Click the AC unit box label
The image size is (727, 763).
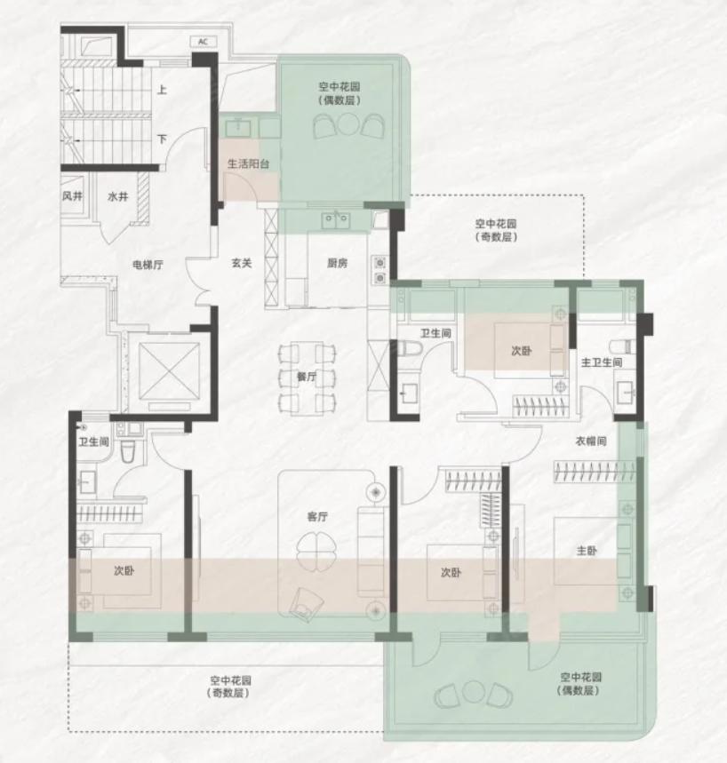pos(203,42)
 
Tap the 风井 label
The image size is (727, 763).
pos(73,196)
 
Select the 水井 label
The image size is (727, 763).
pos(118,196)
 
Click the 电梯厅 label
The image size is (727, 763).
pos(148,265)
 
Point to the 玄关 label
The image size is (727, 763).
pos(242,263)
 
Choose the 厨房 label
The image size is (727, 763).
pos(337,263)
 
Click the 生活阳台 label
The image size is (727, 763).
pos(248,164)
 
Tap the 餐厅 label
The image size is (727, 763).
pos(307,376)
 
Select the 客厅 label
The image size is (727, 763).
pos(317,516)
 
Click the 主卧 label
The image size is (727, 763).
pos(587,551)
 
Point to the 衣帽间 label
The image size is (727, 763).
pos(591,441)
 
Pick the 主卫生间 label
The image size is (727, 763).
pos(602,362)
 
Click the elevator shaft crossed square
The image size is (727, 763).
pos(169,371)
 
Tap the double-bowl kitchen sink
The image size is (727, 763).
pos(335,220)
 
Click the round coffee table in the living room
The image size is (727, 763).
pos(316,546)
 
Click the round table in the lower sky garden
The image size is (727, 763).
pos(472,691)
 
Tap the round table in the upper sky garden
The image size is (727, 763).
pos(347,123)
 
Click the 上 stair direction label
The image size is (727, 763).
pos(162,90)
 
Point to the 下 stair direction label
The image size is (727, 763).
pos(162,139)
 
